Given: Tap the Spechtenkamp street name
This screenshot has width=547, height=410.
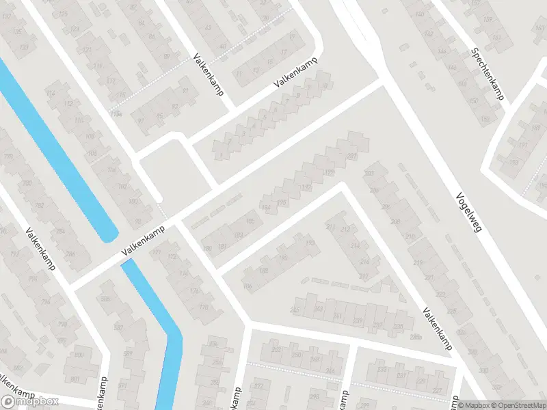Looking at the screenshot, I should pos(488,74).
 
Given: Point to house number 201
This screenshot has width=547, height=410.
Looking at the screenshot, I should pos(352,156).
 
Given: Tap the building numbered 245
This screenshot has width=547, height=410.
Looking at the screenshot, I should pos(295,311).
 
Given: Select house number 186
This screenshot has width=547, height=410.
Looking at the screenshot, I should pos(247,286).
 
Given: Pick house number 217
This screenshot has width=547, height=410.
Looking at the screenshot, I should pos(364,277).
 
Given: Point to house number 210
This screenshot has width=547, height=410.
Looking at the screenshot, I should pos(410,236).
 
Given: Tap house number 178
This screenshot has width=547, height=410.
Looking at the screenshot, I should pos(203,307).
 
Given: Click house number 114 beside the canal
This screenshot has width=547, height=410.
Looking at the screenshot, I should pos(51,93).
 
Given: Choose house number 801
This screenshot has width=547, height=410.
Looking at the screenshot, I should pos(74,380).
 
